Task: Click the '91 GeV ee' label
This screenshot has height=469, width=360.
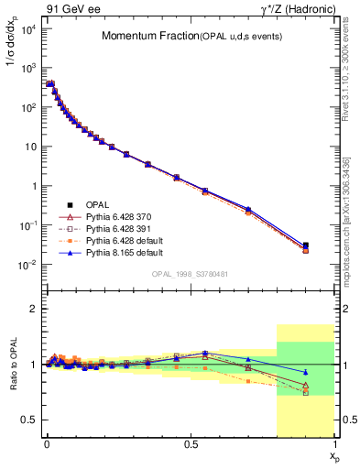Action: coord(72,9)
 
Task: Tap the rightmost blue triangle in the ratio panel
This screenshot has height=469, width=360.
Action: coord(306,372)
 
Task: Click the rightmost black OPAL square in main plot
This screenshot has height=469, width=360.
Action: coord(306,245)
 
